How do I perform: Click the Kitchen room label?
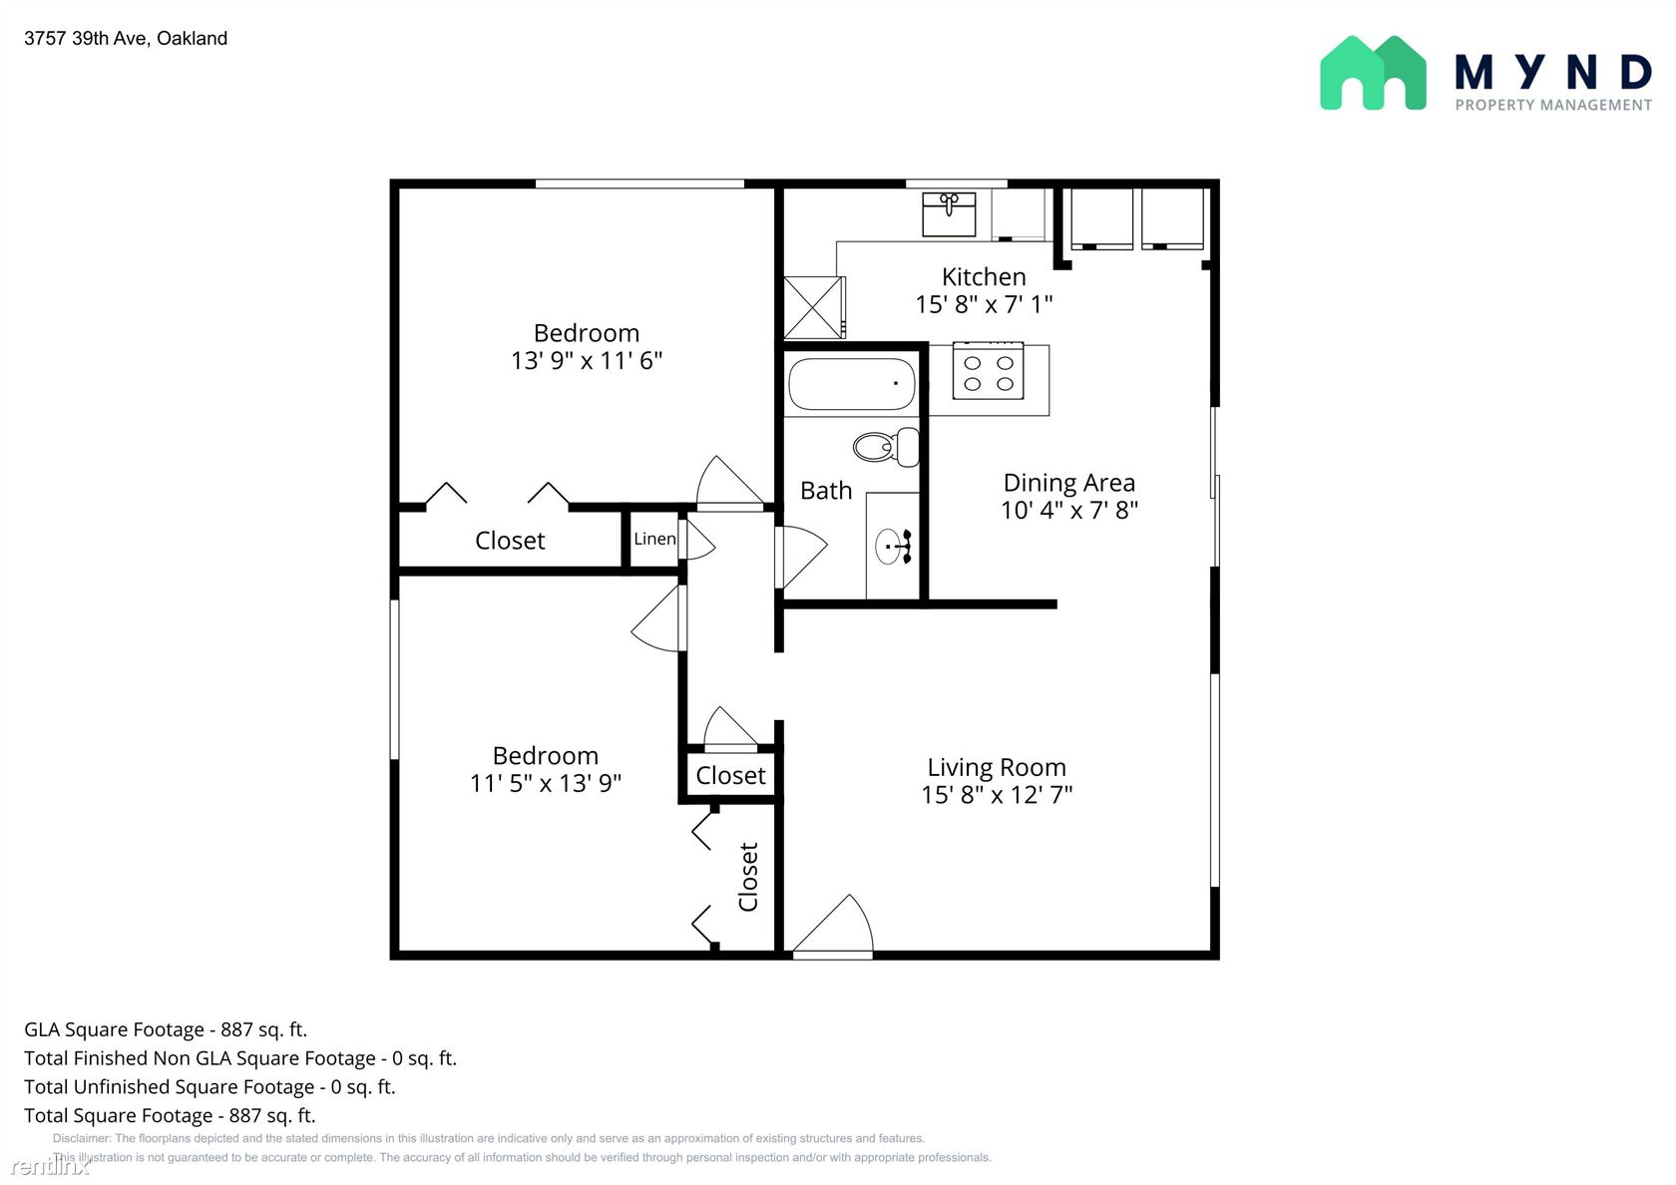[x=984, y=277]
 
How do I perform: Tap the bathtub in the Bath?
[x=852, y=383]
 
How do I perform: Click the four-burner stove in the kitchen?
[x=989, y=372]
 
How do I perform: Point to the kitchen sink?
[x=949, y=213]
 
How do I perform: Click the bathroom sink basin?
[x=890, y=546]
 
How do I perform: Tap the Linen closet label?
[x=654, y=539]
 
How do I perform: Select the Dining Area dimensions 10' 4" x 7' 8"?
[x=1069, y=511]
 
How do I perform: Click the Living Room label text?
[x=997, y=767]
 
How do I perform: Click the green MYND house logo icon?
[x=1373, y=74]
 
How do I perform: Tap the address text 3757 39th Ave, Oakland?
[x=126, y=38]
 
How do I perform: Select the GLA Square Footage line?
[x=166, y=1030]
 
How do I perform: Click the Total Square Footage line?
[x=170, y=1115]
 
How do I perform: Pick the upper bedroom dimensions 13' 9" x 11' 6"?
[x=587, y=361]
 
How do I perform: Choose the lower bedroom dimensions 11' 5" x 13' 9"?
[x=546, y=783]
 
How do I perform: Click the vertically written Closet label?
[x=748, y=877]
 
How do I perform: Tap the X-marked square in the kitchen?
[x=814, y=307]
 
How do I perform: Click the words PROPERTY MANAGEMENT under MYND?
[x=1553, y=106]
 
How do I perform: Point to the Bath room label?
[x=826, y=491]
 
